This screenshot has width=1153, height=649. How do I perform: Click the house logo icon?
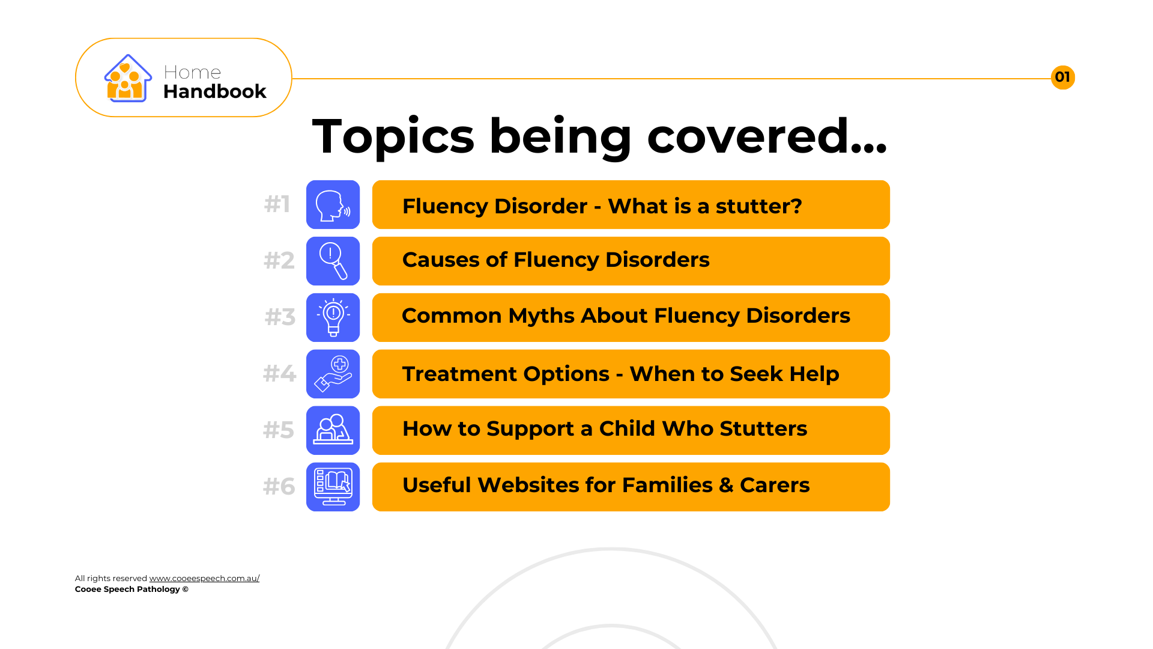[x=128, y=78]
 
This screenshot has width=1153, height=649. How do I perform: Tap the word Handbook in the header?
[x=214, y=91]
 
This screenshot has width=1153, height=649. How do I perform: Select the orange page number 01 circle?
[x=1063, y=78]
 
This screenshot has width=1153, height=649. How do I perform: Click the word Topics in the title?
[x=393, y=137]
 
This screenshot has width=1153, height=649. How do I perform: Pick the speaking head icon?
[x=333, y=205]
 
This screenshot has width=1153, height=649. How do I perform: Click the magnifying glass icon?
[x=333, y=261]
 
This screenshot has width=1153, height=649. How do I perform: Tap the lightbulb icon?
[x=333, y=318]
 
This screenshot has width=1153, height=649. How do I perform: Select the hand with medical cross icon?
[x=333, y=374]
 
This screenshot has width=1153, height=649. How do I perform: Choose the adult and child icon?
[x=333, y=430]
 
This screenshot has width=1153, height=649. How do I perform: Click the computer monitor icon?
[x=333, y=487]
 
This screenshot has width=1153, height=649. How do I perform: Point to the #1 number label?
[x=277, y=204]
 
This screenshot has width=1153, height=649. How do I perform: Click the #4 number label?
[x=280, y=374]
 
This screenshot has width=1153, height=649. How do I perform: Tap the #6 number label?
[x=279, y=487]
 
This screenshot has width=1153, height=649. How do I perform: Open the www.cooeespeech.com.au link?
[x=204, y=578]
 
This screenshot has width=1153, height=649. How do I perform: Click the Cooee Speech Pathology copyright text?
[x=132, y=589]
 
